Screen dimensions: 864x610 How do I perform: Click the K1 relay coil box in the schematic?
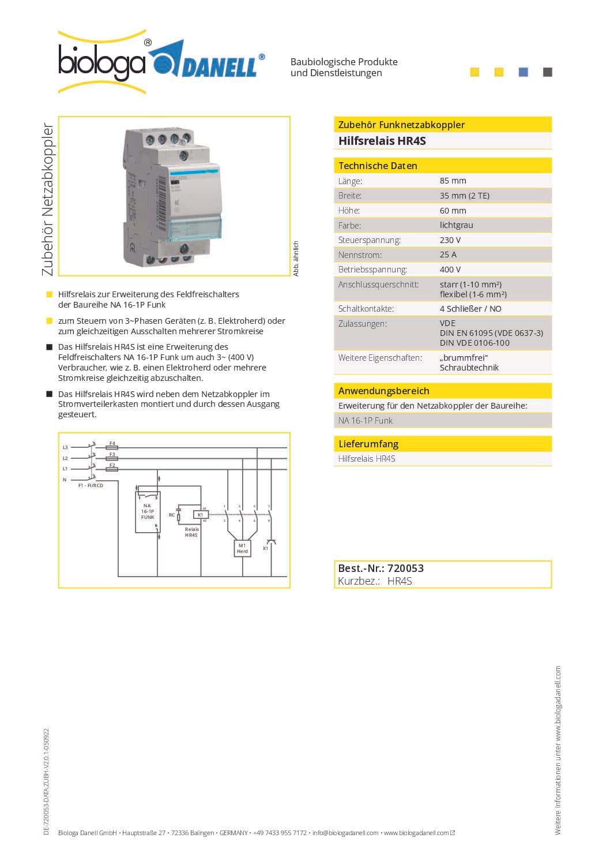click(x=201, y=514)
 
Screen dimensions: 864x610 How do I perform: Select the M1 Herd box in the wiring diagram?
click(x=242, y=548)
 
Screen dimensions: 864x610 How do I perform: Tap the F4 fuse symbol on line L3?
click(x=112, y=447)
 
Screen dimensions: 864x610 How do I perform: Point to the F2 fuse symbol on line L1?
click(x=112, y=469)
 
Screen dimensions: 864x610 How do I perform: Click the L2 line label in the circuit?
click(x=65, y=458)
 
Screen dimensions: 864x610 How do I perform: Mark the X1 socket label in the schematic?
click(x=265, y=548)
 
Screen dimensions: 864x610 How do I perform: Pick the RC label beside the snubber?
click(x=172, y=515)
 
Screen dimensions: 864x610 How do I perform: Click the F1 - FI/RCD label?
click(x=91, y=485)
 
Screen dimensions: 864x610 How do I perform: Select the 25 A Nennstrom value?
click(x=448, y=255)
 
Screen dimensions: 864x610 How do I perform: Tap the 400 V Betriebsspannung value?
click(x=450, y=270)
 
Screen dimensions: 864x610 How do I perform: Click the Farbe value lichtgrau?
click(x=456, y=225)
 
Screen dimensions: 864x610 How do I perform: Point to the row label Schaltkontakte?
click(x=366, y=309)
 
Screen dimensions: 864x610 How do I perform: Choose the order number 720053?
click(x=405, y=568)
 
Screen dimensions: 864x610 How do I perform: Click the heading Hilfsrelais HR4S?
click(x=382, y=141)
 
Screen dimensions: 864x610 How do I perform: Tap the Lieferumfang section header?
click(x=368, y=444)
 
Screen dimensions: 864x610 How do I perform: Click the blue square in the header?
click(x=524, y=72)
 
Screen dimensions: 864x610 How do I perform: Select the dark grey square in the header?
click(x=548, y=72)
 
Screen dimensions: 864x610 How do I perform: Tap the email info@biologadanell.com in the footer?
click(x=345, y=833)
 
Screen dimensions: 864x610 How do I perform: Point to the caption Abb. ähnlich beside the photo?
click(x=296, y=259)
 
